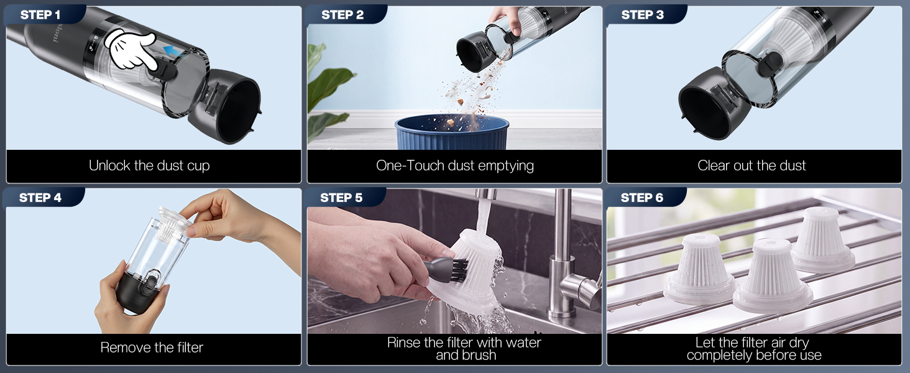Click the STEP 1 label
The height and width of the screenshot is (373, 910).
[40, 15]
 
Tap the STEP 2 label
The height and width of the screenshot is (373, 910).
[342, 15]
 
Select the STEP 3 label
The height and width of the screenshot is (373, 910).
[642, 15]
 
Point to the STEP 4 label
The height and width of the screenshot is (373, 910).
[40, 198]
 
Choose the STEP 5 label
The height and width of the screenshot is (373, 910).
[341, 198]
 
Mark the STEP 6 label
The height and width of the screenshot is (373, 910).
[642, 198]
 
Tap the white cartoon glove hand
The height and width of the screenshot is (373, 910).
[131, 50]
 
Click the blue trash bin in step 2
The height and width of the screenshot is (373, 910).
[452, 132]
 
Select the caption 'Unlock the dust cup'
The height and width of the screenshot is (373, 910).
[150, 166]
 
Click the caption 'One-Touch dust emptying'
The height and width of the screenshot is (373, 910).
[454, 166]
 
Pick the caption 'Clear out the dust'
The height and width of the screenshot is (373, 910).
[751, 166]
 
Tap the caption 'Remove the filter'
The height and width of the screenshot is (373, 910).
[152, 348]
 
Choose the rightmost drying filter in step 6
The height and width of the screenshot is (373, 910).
[822, 240]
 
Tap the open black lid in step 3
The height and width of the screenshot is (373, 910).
[714, 106]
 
